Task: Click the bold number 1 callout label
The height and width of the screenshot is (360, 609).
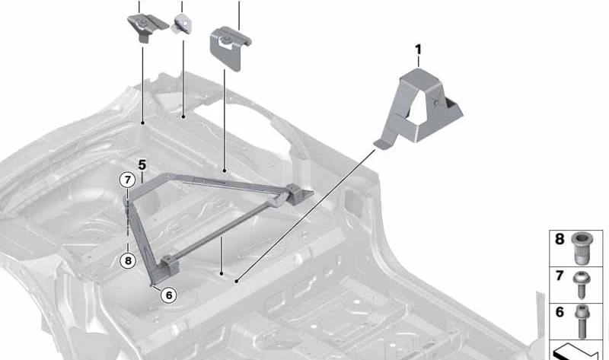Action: pos(418,49)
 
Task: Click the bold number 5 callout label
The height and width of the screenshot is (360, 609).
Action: pos(142,164)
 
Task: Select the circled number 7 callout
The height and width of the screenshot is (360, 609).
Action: pos(127,180)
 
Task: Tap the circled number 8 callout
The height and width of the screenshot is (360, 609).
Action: pos(128,260)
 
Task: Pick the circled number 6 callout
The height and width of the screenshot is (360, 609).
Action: pos(168,295)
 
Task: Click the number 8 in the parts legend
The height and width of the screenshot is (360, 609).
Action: pos(560,239)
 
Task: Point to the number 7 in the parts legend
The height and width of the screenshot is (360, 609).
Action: pos(560,276)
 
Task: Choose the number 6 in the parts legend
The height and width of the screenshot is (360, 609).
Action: pos(560,312)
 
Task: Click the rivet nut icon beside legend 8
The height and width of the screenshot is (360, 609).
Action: pos(582,248)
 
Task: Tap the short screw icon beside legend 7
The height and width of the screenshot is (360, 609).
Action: pos(582,285)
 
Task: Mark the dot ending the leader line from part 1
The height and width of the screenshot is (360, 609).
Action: pos(236,281)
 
